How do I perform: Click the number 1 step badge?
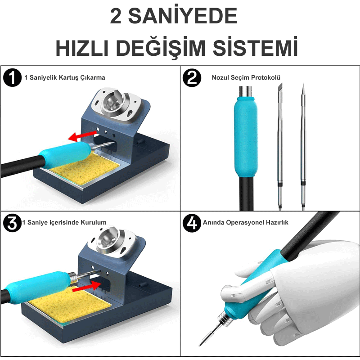click(13, 77)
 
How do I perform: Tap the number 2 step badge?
click(192, 77)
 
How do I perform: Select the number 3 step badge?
click(12, 223)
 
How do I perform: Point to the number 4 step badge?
click(192, 223)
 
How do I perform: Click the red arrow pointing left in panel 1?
click(81, 134)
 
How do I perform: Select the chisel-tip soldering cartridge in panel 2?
click(279, 144)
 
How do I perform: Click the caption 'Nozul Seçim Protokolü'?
click(246, 77)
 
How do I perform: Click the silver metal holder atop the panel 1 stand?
click(121, 103)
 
